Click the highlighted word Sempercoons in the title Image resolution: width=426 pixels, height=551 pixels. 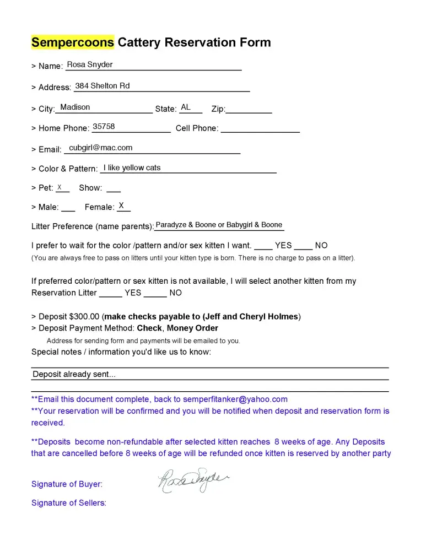click(72, 42)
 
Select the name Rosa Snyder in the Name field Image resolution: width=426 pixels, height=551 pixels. click(90, 64)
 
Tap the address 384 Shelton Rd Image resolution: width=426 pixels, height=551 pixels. click(103, 85)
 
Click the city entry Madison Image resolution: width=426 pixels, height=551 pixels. click(75, 107)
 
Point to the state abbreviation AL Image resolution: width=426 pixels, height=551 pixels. click(186, 107)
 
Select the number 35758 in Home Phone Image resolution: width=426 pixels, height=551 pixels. click(104, 127)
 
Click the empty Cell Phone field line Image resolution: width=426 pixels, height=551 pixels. click(260, 131)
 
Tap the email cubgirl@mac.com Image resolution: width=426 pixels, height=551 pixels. click(101, 148)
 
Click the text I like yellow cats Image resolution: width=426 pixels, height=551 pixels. click(132, 168)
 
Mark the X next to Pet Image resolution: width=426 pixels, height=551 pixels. click(60, 187)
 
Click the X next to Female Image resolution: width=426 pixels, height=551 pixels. click(121, 206)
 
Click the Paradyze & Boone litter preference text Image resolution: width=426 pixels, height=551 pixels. click(219, 225)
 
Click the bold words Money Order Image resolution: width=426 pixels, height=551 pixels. click(192, 328)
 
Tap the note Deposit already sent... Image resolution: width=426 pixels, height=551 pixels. click(74, 374)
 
